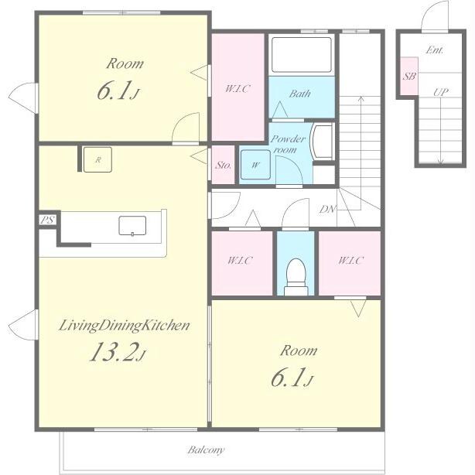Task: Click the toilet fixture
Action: pos(296,277)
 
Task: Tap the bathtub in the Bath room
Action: pos(302,55)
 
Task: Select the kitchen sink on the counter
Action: pos(132,226)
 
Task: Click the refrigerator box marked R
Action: pos(97,159)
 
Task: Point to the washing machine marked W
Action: pos(255,165)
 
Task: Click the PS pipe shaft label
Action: pos(47,220)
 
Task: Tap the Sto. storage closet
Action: pos(223,165)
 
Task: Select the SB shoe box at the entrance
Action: pos(409,76)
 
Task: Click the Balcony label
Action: pos(206,449)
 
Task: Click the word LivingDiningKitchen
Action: pos(125,326)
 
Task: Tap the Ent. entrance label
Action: pos(435,50)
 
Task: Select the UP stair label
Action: pos(441,92)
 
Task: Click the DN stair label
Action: pos(328,209)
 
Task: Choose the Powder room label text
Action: pos(288,144)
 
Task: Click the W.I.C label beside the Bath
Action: pos(237,88)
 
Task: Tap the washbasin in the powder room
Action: pos(323,142)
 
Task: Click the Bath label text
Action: pos(300,94)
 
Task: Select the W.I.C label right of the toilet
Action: pos(350,260)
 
